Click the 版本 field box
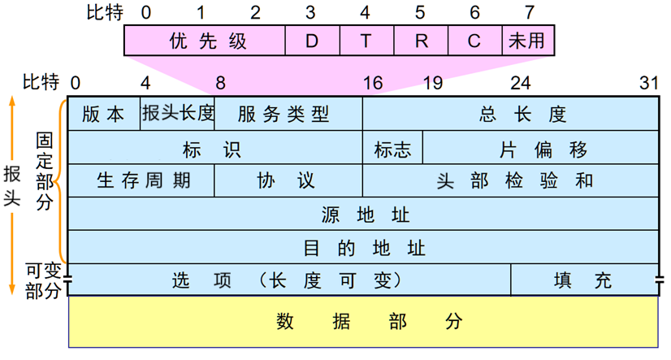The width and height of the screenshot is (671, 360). tap(104, 114)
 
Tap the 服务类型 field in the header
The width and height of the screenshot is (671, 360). tap(288, 114)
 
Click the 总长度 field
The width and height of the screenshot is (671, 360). tap(510, 114)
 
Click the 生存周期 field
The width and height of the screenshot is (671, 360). tap(141, 180)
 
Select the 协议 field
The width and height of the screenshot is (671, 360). tap(288, 180)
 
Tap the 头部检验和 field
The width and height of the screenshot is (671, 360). tap(510, 180)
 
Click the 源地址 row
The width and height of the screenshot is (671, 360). tap(363, 215)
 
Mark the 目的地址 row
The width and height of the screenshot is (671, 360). tap(363, 247)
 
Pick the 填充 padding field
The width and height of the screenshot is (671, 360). tap(584, 280)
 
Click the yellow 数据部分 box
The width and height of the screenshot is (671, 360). tap(363, 321)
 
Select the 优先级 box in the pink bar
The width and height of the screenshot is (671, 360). tap(205, 41)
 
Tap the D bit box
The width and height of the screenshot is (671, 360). tap(312, 41)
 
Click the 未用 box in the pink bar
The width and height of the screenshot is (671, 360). tap(526, 41)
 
